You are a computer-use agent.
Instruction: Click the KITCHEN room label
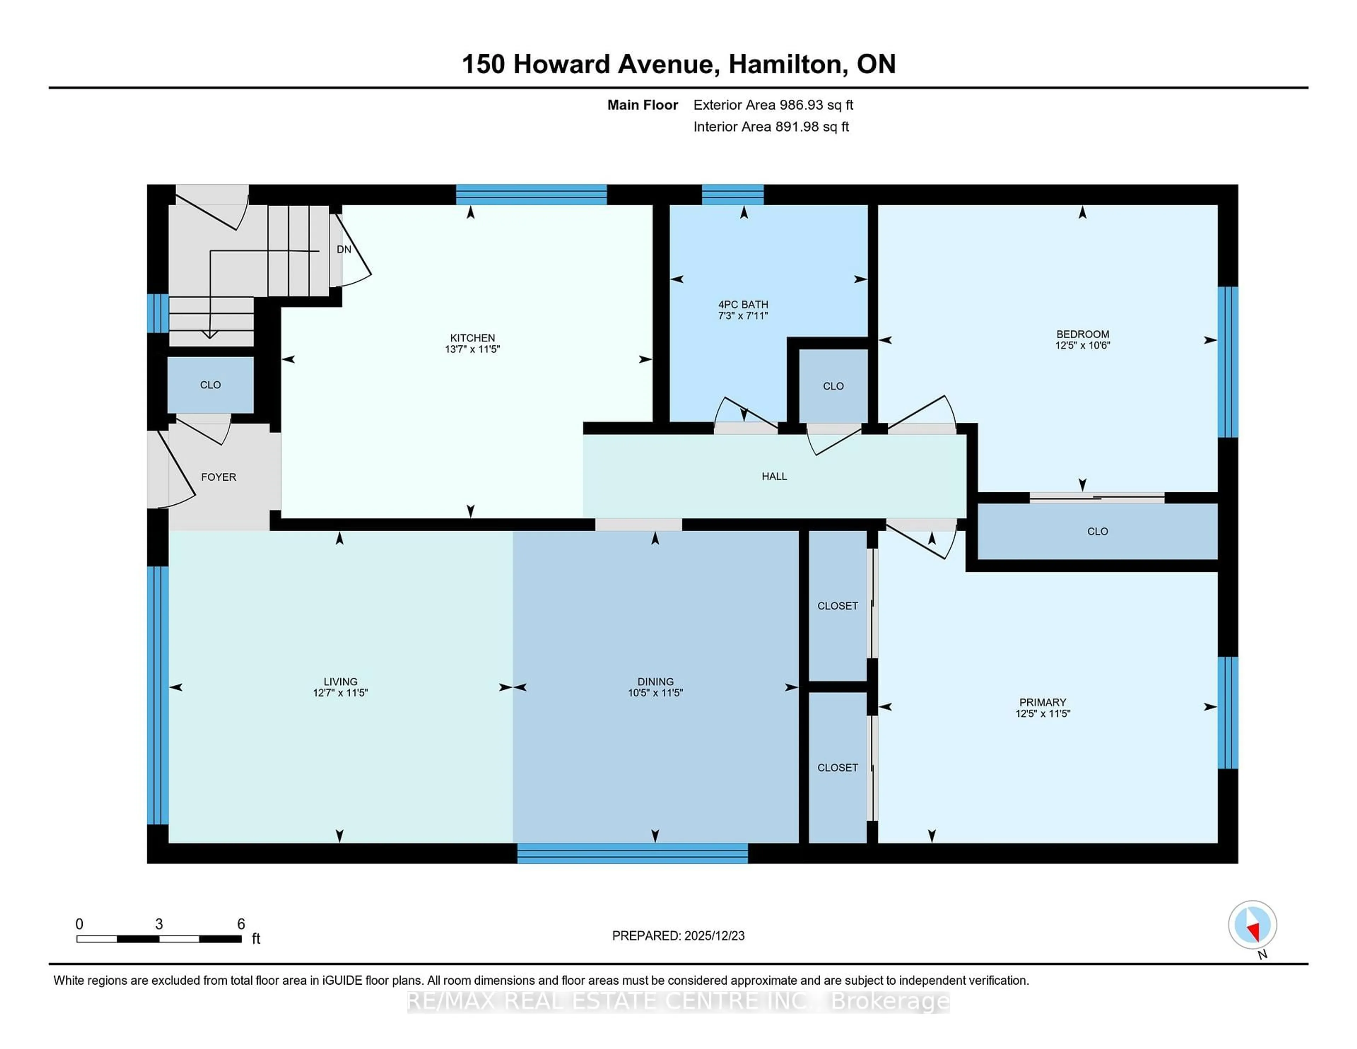point(472,338)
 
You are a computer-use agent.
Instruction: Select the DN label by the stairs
point(343,249)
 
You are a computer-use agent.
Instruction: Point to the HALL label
point(774,476)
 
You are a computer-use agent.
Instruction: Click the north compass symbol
point(1252,925)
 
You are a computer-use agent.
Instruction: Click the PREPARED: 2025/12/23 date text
point(678,935)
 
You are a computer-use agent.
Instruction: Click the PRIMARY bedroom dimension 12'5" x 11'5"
point(1042,714)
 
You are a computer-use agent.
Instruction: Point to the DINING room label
point(655,681)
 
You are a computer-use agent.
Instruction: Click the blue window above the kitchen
point(531,194)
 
